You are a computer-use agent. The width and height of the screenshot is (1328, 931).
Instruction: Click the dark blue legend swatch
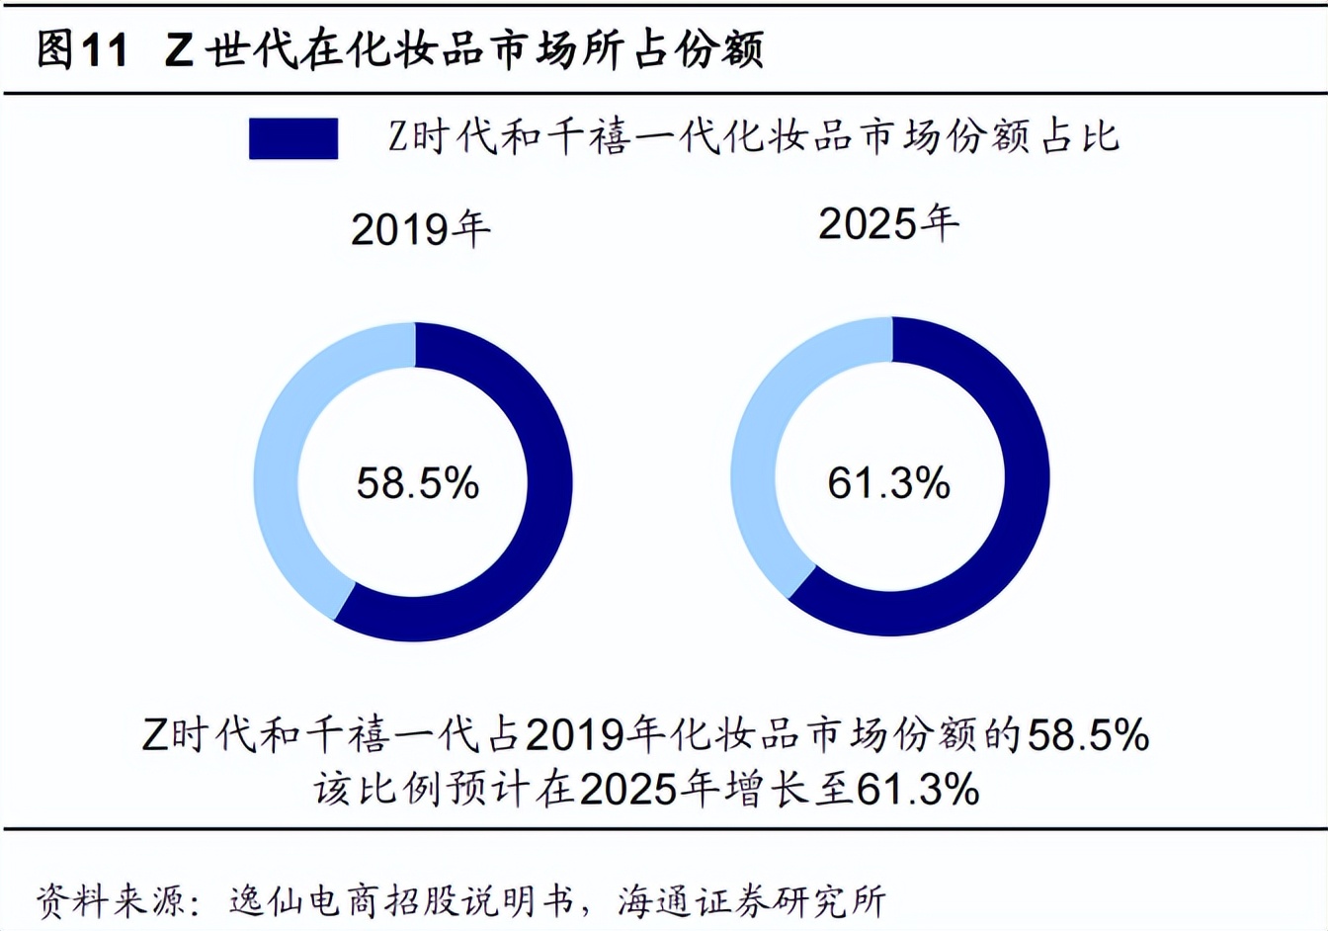click(x=293, y=138)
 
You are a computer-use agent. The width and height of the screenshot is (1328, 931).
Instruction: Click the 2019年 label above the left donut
click(x=420, y=229)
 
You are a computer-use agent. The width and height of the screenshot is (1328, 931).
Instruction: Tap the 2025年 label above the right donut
click(x=888, y=223)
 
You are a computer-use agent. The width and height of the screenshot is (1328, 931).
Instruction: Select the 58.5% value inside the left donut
click(x=417, y=483)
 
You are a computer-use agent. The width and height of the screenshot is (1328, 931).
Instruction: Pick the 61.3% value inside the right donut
click(x=888, y=483)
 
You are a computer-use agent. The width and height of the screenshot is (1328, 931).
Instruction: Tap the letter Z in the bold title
click(x=179, y=50)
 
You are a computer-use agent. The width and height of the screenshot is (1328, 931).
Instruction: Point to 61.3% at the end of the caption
click(x=917, y=790)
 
